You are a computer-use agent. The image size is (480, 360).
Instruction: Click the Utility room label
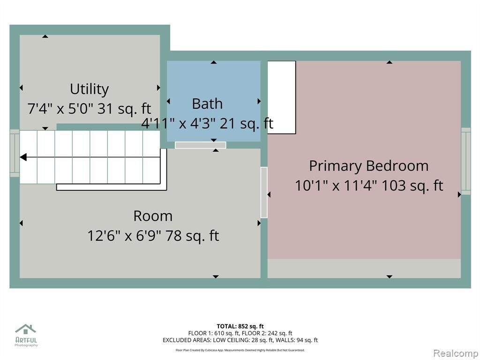coord(89,89)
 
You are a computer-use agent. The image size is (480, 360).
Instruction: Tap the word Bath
coord(207,104)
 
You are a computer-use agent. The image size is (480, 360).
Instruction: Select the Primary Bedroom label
coord(368,166)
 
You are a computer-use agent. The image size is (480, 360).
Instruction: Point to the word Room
coord(153,216)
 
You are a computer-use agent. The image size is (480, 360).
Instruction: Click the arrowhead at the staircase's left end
coord(23,157)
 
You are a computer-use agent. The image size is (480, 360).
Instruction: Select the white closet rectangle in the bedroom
coord(282,97)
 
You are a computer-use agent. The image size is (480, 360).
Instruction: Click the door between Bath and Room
coord(201,145)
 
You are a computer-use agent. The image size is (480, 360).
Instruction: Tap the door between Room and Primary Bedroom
coord(264,192)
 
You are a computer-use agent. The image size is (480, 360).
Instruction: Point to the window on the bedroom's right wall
coord(466,161)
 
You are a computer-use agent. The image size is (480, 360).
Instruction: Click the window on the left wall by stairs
coord(15,153)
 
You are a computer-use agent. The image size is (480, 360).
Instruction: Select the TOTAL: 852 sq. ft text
coord(240,326)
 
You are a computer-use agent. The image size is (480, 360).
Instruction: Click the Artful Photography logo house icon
coord(26,329)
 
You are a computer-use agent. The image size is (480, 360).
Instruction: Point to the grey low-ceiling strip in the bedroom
coord(364,269)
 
